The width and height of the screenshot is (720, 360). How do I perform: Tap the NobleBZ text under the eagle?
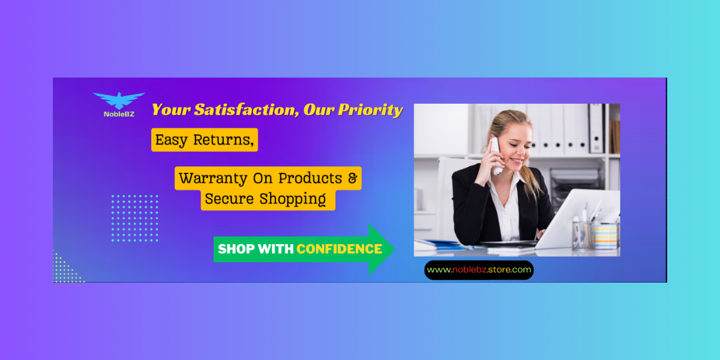point(119,114)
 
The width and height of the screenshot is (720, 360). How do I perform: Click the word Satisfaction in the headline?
point(245,110)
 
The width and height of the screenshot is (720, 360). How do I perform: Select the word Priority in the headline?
point(371,110)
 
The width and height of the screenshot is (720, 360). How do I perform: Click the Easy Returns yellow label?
point(205,140)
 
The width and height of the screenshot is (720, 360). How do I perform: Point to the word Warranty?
point(213,178)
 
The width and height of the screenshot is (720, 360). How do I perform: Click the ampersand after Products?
point(353,178)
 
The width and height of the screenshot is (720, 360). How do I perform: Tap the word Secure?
point(229,199)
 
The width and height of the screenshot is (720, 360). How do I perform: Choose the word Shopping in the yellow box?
point(293,199)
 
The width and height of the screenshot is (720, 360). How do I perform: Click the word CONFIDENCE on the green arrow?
point(340,249)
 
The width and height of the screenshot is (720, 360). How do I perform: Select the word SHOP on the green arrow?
point(236,249)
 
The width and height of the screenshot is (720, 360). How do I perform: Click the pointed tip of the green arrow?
point(395,249)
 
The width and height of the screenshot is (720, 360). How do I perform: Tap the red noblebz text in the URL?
point(469,269)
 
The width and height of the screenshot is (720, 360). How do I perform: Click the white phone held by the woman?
point(496,156)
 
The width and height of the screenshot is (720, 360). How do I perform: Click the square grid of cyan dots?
point(135,218)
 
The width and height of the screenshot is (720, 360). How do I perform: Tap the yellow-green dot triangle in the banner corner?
point(64,270)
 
